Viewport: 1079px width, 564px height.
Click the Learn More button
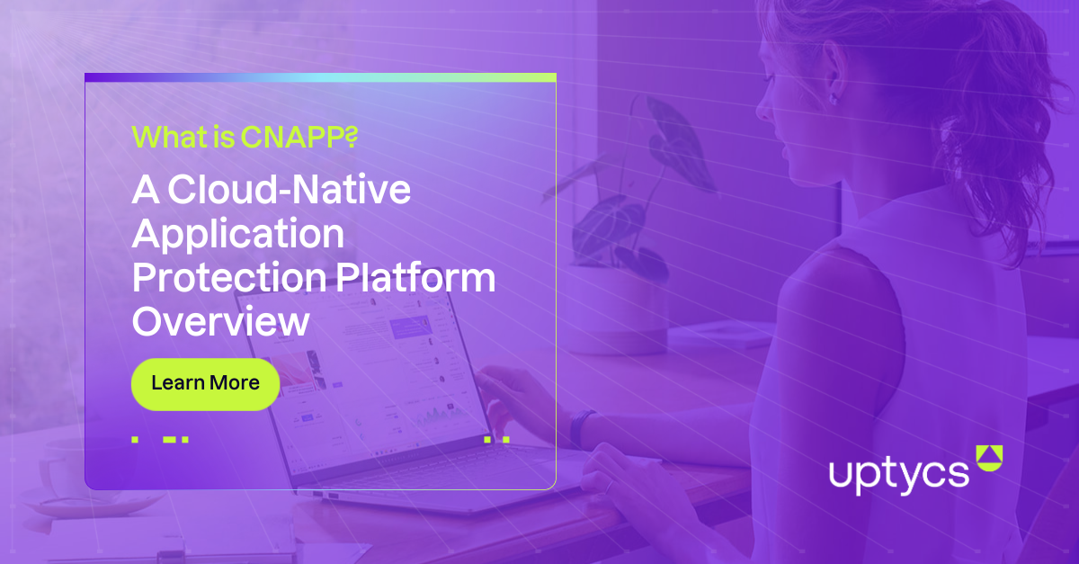tap(205, 383)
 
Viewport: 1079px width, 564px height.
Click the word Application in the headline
tap(238, 234)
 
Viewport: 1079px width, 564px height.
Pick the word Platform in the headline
tap(415, 278)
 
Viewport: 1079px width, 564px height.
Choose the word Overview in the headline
tap(220, 321)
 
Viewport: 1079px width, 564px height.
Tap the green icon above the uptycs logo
tap(987, 457)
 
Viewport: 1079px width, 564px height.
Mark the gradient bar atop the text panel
tap(320, 78)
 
